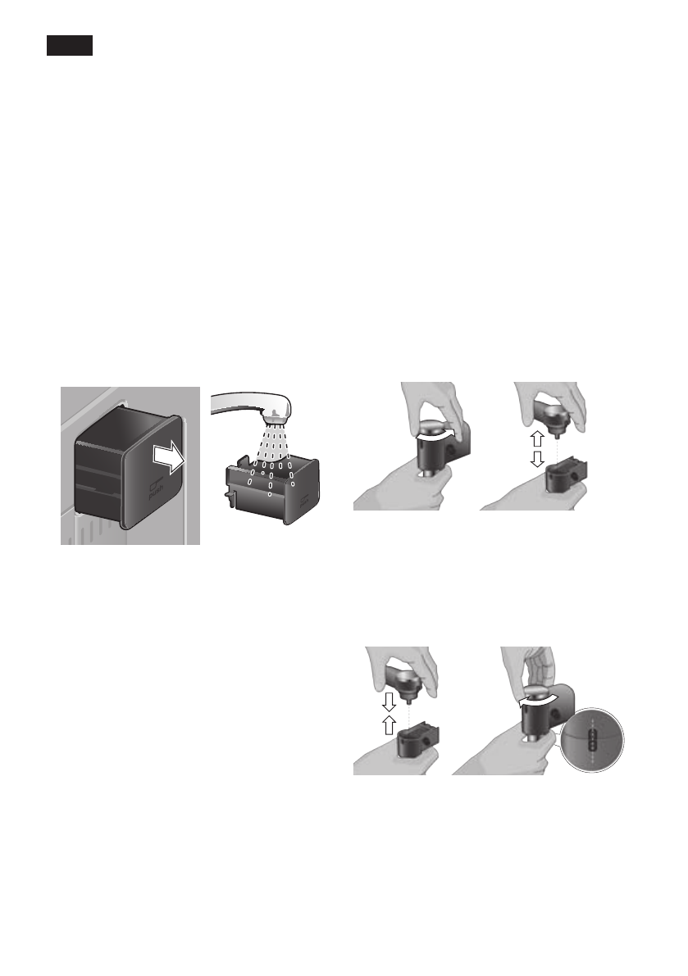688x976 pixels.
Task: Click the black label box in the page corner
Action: [x=69, y=46]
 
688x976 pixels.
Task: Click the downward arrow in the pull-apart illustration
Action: [x=537, y=460]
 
